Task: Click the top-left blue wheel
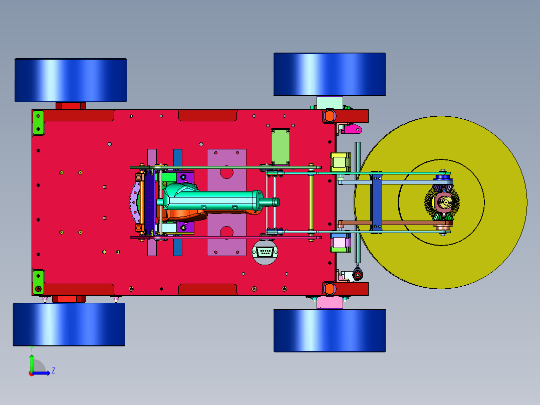pos(71,80)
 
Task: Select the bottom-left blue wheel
pos(69,324)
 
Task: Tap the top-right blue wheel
pos(330,75)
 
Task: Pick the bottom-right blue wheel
pos(330,330)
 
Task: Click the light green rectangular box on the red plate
pos(281,146)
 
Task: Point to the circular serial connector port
pos(265,252)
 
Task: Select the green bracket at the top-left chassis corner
pos(38,123)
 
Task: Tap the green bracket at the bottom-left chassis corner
pos(38,282)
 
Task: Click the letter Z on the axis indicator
pos(54,370)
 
